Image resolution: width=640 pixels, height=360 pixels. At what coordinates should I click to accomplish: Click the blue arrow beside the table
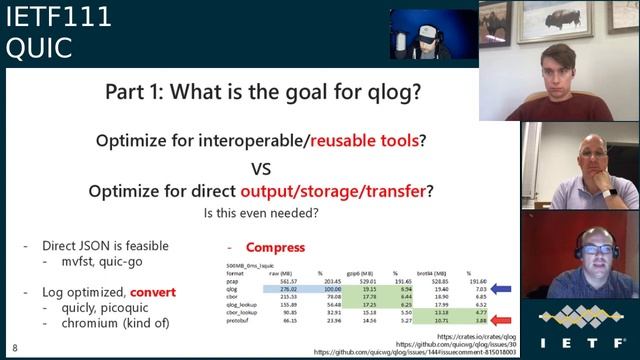[501, 289]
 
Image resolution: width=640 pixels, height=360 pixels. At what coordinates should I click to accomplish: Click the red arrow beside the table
[501, 321]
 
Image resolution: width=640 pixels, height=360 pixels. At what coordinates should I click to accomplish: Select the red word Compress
[275, 247]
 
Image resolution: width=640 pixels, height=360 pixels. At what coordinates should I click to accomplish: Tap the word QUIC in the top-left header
[37, 47]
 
